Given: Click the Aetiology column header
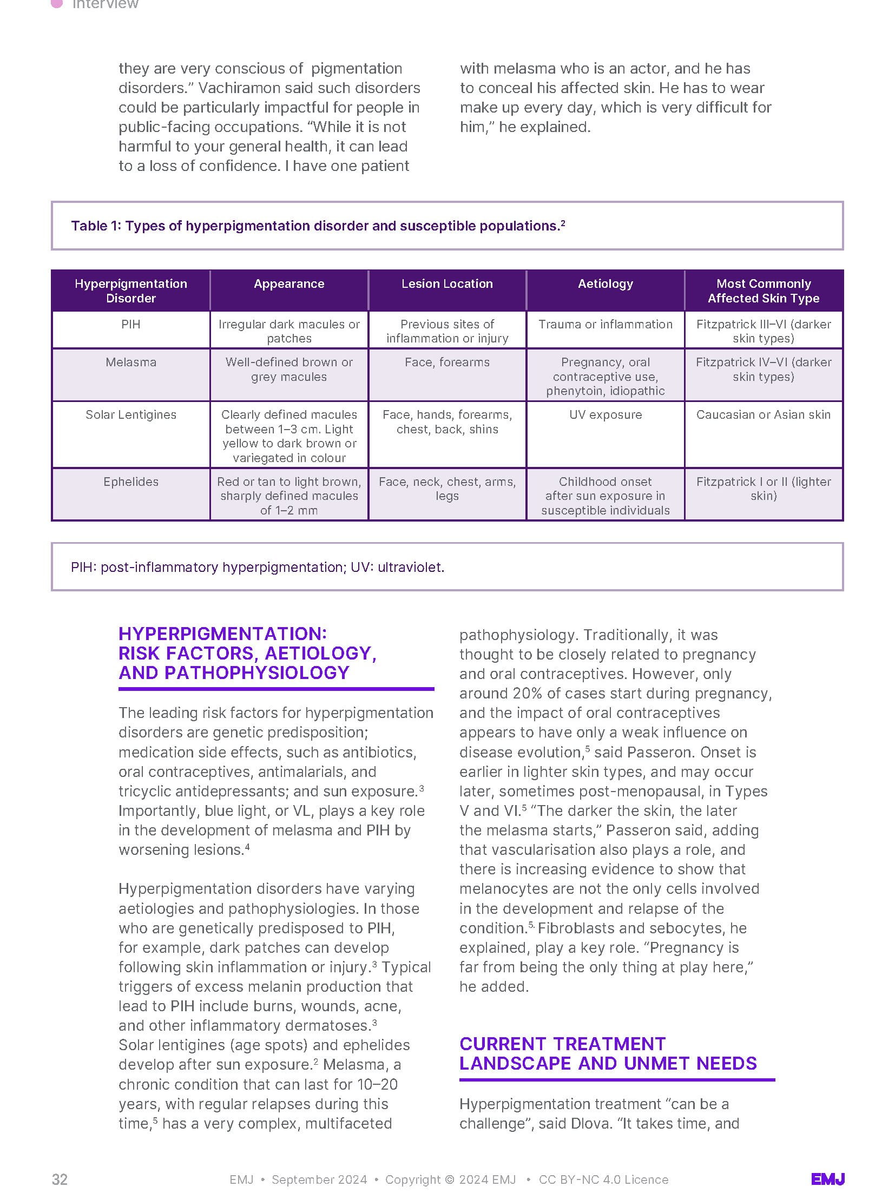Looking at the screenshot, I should tap(605, 284).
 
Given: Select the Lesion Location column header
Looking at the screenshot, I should tap(447, 284).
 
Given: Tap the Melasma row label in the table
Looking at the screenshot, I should tap(131, 362).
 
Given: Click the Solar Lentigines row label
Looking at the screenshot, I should tap(131, 414).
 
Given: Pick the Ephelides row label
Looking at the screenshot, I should tap(131, 482).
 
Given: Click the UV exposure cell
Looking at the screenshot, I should tap(605, 414).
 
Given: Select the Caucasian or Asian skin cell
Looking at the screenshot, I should tap(763, 414).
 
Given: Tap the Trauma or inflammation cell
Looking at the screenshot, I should tap(605, 324).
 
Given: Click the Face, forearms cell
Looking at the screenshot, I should tap(447, 362).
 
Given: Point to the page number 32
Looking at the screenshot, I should tap(60, 1179).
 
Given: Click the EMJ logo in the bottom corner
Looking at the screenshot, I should tap(827, 1179).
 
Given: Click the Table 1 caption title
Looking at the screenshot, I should tap(318, 226).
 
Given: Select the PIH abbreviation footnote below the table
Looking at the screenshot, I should tap(257, 567).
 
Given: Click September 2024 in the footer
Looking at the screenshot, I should tap(319, 1179).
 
